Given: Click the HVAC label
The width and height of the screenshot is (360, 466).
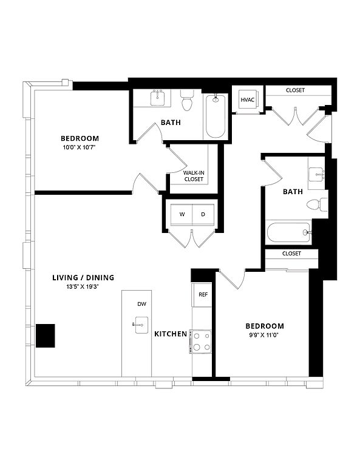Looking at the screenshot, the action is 247,100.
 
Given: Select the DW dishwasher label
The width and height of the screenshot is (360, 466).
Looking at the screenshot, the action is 142,304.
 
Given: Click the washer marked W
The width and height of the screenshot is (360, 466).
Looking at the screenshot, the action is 182,215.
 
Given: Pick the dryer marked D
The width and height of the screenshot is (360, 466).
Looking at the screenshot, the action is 203,215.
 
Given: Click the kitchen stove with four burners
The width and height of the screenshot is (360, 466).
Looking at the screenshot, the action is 202,342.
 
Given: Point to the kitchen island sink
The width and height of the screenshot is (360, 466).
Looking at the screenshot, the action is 141,325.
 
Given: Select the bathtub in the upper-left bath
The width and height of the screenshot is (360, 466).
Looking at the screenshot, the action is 216,116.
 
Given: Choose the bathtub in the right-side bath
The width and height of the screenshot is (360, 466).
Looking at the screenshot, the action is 289,232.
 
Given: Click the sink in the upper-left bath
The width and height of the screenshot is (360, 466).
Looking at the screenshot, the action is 158,98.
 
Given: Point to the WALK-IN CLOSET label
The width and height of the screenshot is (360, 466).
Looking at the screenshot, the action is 194,176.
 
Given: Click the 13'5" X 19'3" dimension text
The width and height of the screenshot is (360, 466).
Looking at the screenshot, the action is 83,287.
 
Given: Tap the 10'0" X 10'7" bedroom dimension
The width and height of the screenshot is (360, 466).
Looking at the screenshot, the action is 79,147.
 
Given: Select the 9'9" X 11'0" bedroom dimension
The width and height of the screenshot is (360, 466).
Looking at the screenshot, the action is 265,335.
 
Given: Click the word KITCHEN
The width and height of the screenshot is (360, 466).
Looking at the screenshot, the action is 171,334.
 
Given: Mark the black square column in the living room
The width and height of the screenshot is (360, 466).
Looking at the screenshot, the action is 46,336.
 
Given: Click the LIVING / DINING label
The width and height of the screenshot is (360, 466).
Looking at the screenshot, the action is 83,277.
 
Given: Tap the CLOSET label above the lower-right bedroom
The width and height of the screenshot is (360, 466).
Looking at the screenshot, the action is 291,254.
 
